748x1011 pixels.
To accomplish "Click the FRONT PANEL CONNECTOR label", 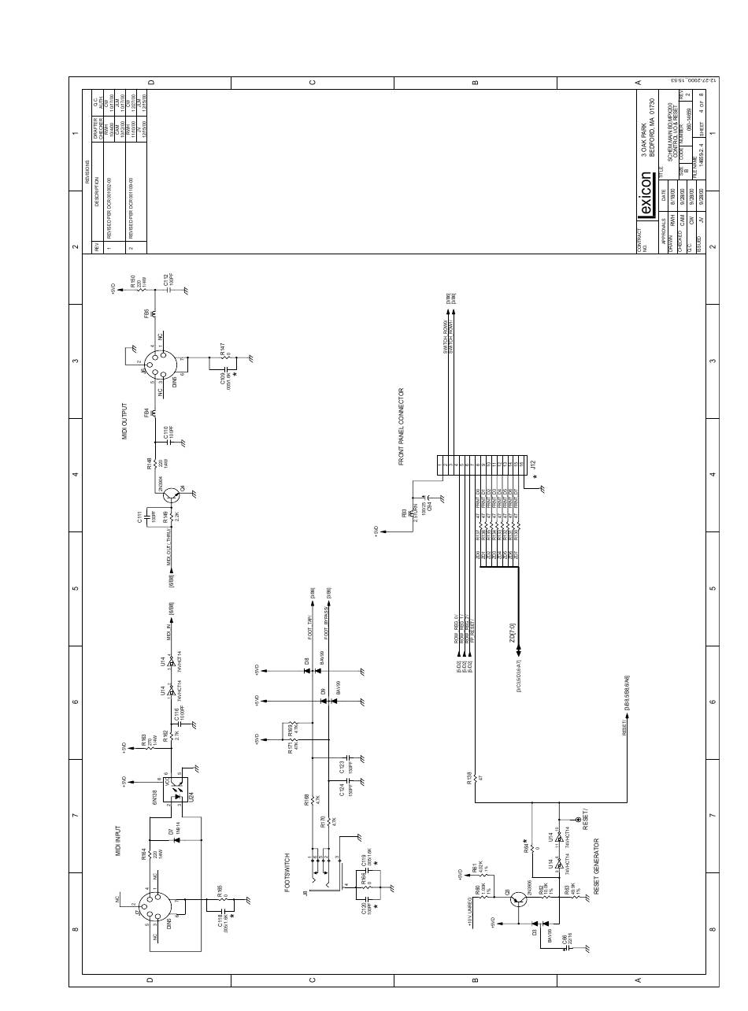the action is pyautogui.click(x=402, y=426).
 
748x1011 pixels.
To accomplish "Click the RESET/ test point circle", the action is pyautogui.click(x=580, y=820).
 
